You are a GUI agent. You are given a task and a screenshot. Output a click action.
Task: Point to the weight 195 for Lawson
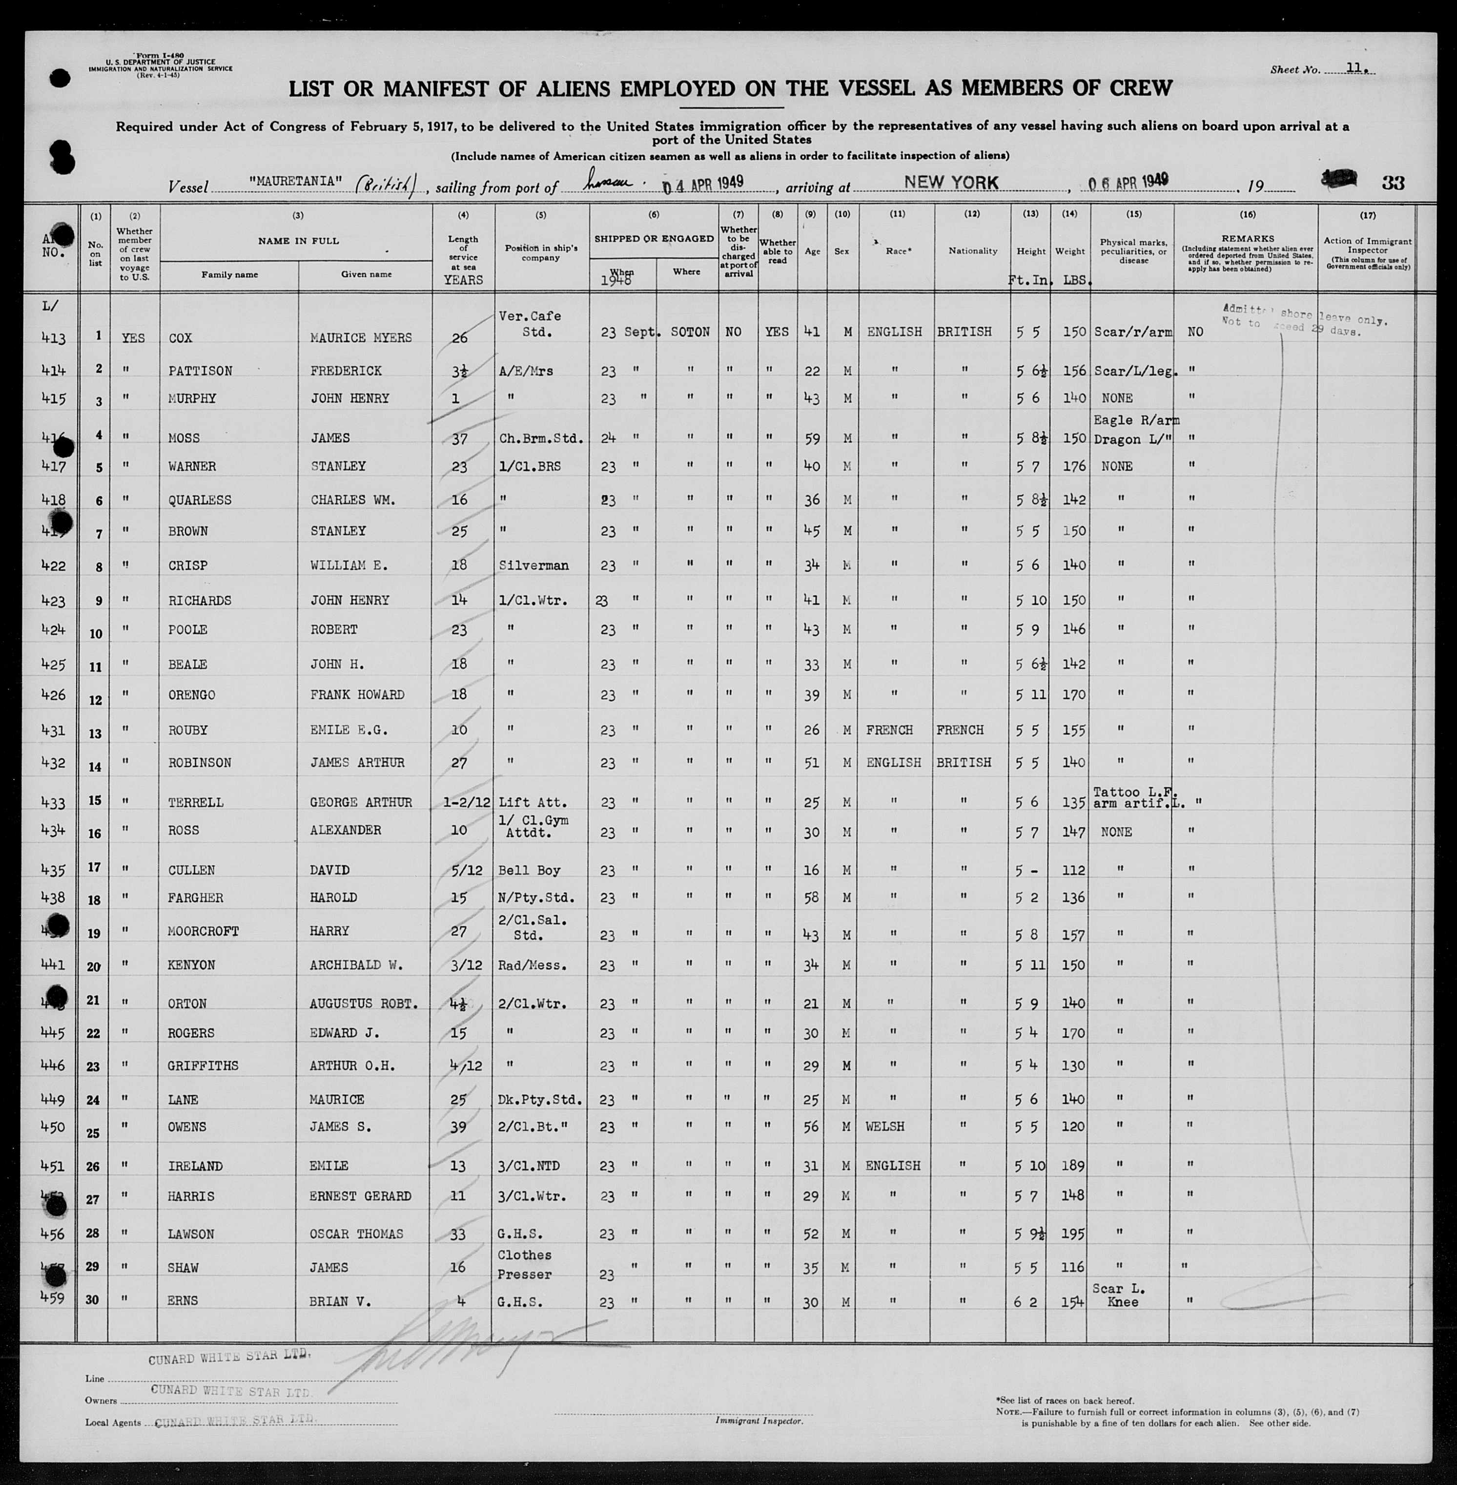1074,1234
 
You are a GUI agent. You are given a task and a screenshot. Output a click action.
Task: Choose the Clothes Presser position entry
525,1265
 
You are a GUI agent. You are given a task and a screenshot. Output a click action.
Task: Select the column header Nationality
972,251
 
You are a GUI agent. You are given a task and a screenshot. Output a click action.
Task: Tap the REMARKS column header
1247,239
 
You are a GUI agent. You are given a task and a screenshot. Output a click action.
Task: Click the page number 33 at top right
1393,183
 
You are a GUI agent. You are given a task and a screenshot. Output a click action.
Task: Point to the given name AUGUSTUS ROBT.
364,1004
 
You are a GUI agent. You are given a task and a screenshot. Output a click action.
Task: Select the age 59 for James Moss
811,439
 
